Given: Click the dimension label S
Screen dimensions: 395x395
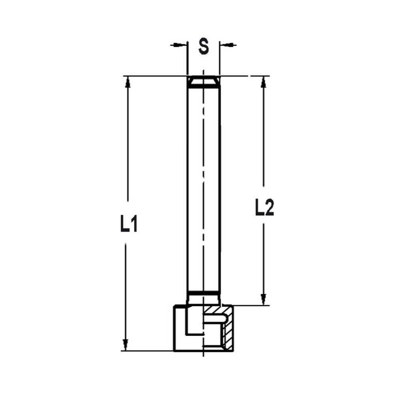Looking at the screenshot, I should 203,47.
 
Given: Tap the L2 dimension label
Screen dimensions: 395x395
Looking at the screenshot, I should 264,208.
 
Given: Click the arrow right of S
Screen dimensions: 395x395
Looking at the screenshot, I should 228,45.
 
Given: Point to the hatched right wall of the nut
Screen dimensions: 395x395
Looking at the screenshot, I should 228,330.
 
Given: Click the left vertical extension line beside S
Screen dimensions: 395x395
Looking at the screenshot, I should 187,59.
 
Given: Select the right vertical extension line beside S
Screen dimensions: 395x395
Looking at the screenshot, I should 220,59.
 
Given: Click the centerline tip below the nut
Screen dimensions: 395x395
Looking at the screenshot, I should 203,355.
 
